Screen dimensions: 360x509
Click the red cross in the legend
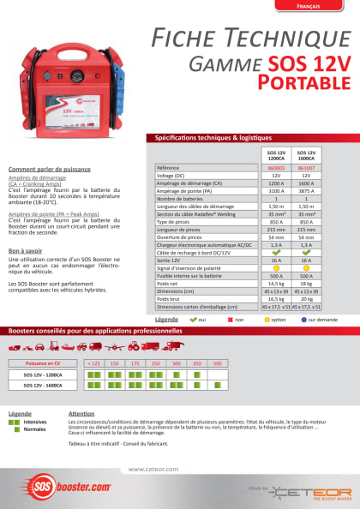(230, 319)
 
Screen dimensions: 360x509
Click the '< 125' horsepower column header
(93, 363)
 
